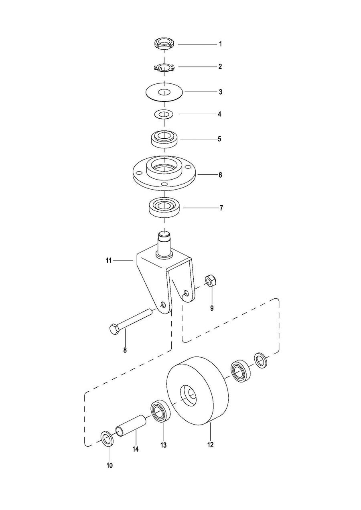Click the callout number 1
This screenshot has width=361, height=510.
[220, 44]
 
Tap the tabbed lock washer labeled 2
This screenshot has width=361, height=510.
[164, 67]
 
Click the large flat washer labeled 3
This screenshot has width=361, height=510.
[164, 92]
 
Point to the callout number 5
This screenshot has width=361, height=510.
[219, 139]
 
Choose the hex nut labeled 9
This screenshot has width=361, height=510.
[211, 281]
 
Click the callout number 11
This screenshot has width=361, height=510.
[109, 261]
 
